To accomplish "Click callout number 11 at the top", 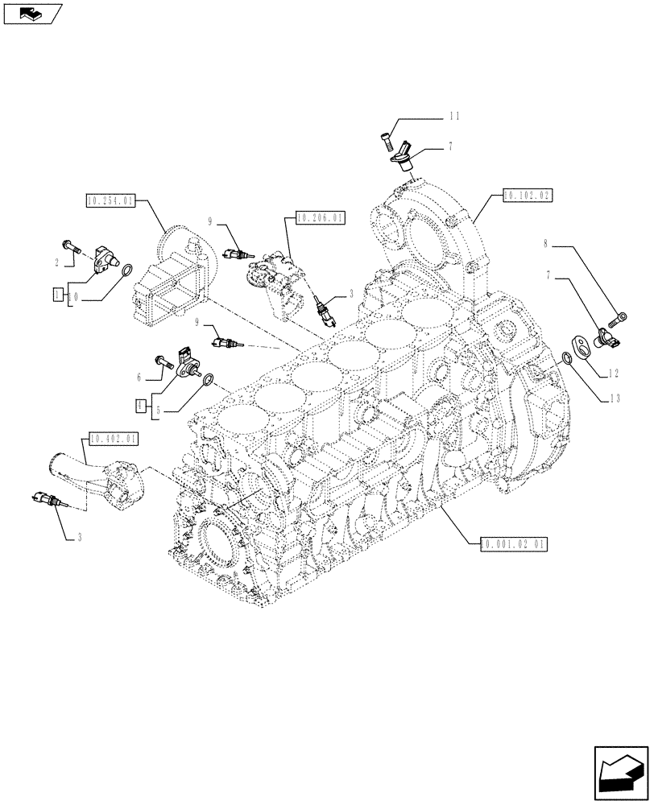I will coord(454,117).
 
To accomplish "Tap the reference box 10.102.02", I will coord(528,194).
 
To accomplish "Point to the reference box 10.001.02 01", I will coord(514,544).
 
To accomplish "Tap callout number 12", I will coord(614,373).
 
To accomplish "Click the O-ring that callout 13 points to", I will coord(569,359).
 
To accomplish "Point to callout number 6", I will coord(139,377).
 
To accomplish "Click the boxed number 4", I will coord(139,405).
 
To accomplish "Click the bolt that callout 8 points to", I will coord(619,317).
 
